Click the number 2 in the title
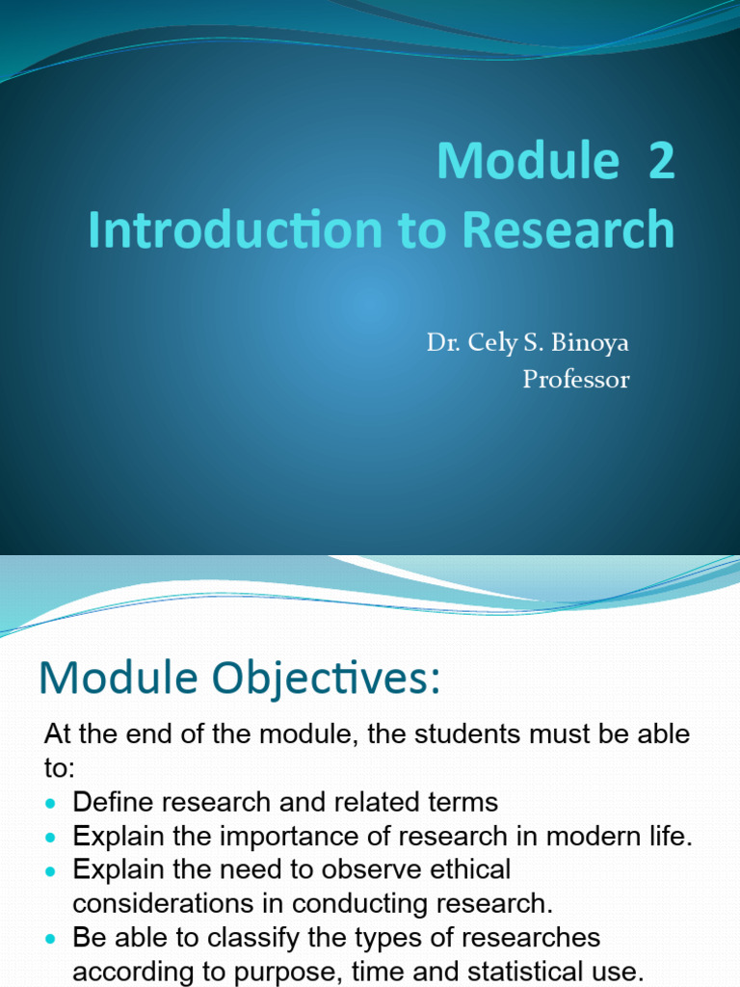661,160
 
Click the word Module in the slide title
526,160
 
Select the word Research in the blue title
568,229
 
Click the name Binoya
591,342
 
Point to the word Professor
576,380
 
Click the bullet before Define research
52,803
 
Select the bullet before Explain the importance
52,837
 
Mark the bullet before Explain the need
52,870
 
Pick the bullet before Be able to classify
52,938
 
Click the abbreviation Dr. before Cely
441,343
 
